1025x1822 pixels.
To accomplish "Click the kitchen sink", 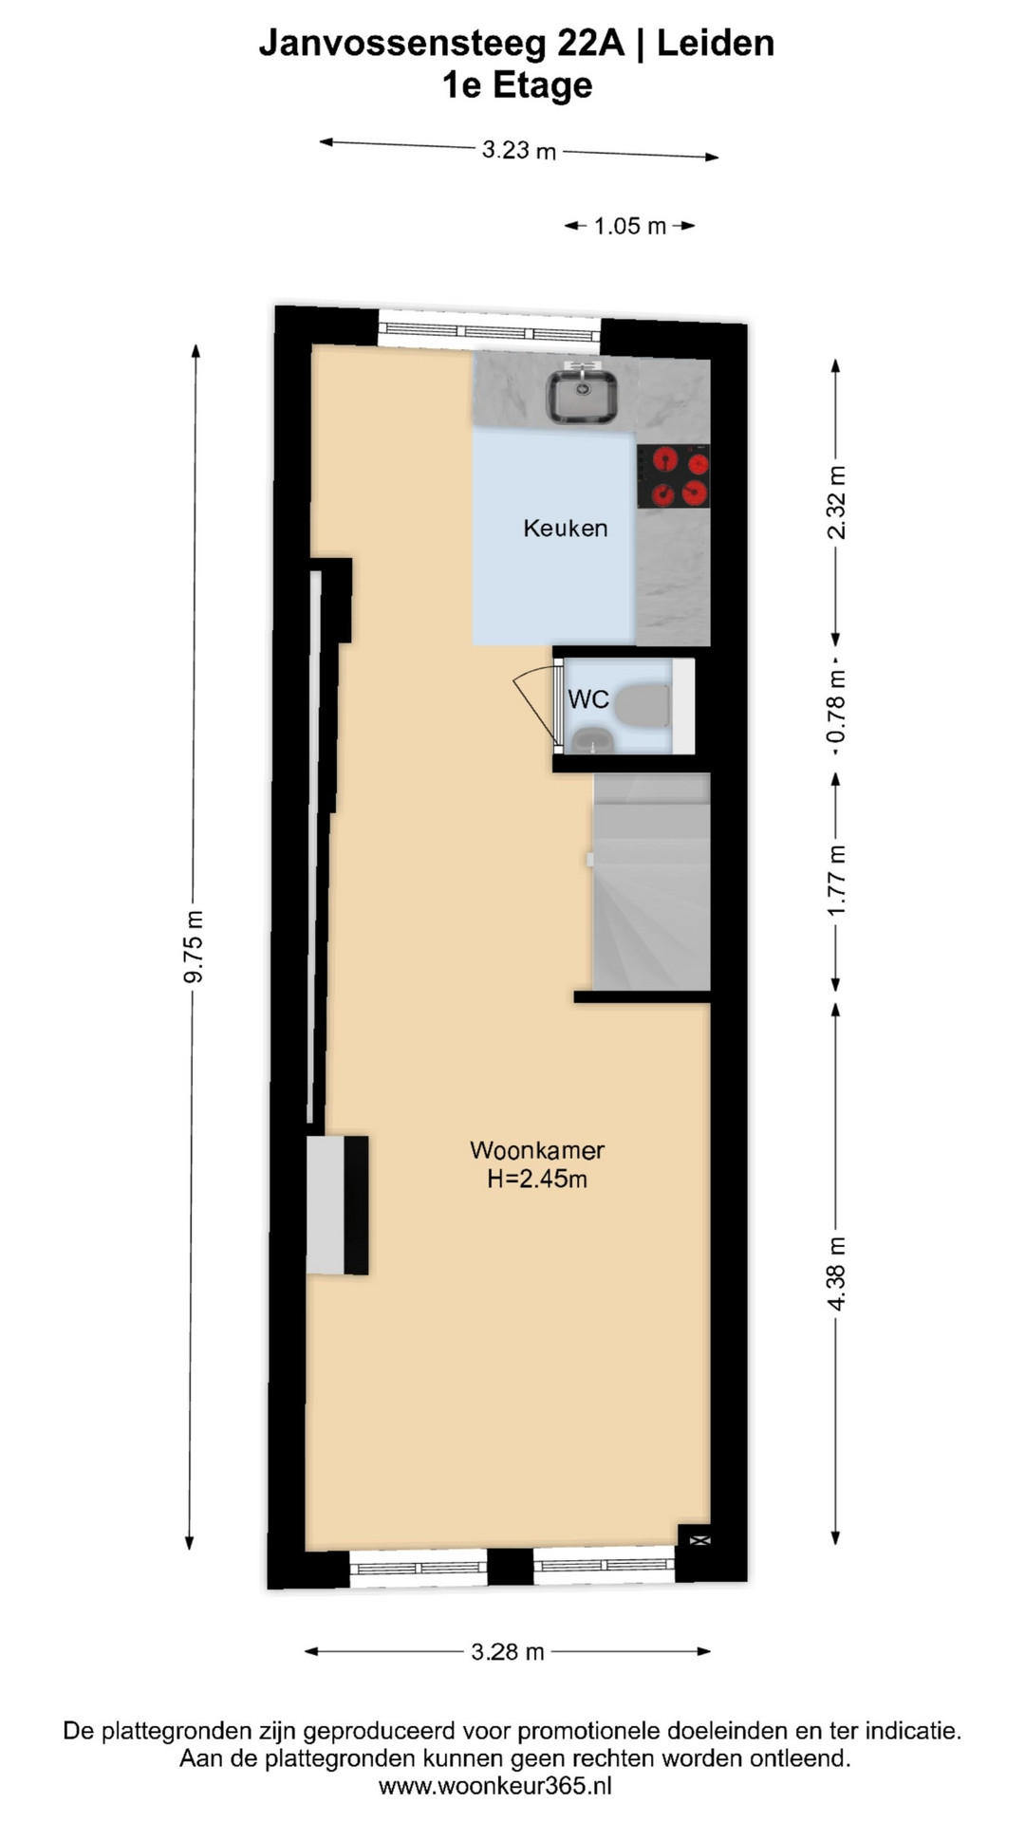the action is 582,395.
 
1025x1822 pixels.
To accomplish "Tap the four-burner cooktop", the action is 674,476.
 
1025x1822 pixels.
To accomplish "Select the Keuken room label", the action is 566,529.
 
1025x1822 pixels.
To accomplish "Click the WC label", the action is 588,699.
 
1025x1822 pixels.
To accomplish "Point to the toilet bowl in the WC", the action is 643,705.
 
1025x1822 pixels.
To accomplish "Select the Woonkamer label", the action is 537,1150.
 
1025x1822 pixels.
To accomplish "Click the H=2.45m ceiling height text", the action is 537,1180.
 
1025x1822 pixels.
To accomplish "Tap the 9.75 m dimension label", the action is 194,946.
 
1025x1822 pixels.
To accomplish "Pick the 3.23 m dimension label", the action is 519,150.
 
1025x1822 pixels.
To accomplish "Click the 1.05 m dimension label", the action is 630,226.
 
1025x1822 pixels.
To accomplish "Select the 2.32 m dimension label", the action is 836,502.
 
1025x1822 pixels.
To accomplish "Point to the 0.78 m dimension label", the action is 835,707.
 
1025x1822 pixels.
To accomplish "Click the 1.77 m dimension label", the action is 836,881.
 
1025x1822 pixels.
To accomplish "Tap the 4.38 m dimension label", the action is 836,1274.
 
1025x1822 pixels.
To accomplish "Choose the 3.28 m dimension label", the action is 508,1652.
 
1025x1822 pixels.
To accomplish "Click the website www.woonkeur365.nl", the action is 495,1786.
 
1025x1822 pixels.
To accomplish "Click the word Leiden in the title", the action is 716,44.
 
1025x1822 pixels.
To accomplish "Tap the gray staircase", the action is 651,882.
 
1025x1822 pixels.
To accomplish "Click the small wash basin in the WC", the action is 593,739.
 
